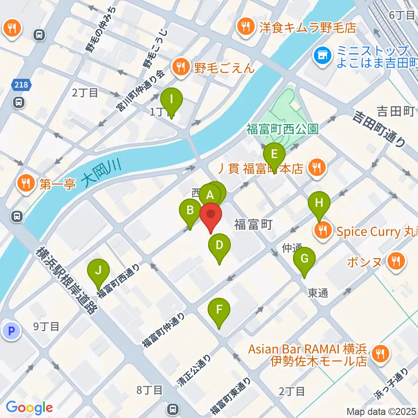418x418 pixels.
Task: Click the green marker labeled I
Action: pyautogui.click(x=172, y=100)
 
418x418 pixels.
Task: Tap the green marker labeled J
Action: pyautogui.click(x=99, y=271)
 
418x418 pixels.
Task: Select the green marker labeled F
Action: pyautogui.click(x=219, y=310)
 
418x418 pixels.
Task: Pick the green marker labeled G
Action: pyautogui.click(x=304, y=259)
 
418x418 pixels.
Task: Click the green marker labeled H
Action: pyautogui.click(x=319, y=203)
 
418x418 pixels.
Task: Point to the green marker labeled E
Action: pyautogui.click(x=274, y=155)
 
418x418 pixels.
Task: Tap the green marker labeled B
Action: pyautogui.click(x=190, y=211)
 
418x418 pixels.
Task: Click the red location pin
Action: pyautogui.click(x=211, y=215)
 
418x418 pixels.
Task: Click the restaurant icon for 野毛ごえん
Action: pyautogui.click(x=179, y=67)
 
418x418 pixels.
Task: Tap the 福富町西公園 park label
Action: pyautogui.click(x=283, y=129)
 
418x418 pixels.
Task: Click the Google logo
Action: pyautogui.click(x=30, y=408)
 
